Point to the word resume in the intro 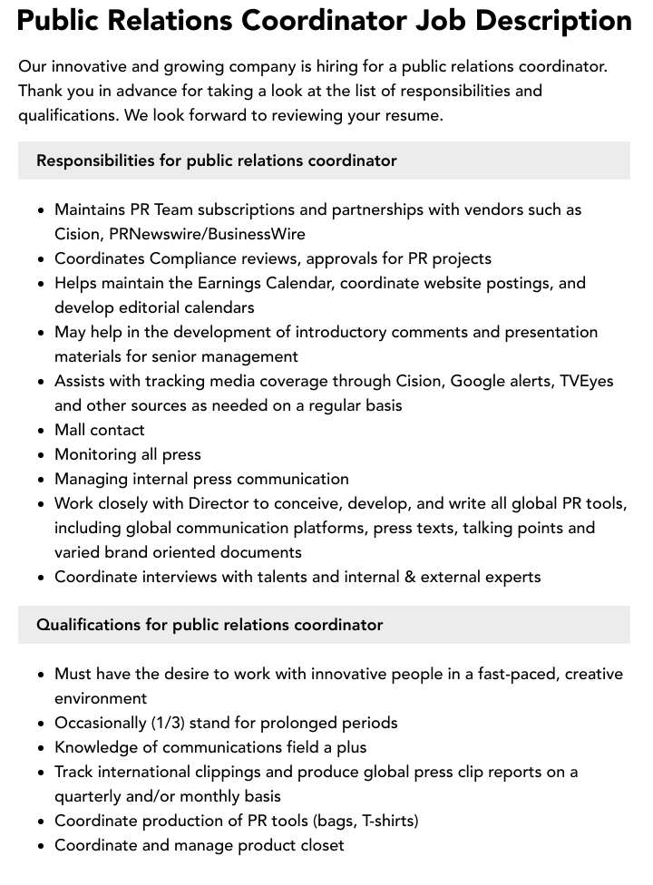point(413,115)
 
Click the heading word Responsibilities point(95,160)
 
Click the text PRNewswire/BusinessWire point(207,234)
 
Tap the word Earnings point(229,283)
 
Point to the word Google point(480,381)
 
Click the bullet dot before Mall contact point(42,431)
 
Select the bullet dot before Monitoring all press point(42,455)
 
